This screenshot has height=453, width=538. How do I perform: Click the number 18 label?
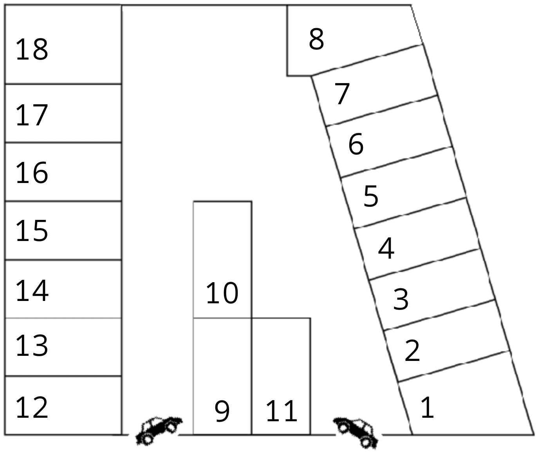(x=32, y=50)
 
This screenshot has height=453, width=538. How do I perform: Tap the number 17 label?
(x=32, y=115)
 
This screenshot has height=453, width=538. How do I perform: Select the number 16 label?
(x=32, y=173)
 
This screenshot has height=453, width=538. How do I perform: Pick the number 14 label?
(x=32, y=290)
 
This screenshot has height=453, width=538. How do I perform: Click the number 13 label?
(x=32, y=346)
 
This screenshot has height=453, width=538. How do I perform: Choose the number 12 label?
(x=32, y=408)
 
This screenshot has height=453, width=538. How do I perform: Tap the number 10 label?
(x=222, y=293)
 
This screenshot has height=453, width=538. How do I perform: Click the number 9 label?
(x=222, y=411)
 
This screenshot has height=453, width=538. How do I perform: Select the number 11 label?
(x=281, y=411)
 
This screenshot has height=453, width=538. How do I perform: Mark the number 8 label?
(x=316, y=39)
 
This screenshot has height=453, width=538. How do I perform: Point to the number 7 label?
(x=342, y=94)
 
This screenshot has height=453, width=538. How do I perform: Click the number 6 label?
(x=356, y=144)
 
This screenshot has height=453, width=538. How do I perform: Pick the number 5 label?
(x=371, y=196)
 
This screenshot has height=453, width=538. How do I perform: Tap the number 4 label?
(x=386, y=248)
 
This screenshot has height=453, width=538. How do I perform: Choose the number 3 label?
(x=401, y=299)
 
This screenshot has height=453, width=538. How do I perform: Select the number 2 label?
(x=412, y=351)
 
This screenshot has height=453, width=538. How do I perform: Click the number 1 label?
(x=427, y=408)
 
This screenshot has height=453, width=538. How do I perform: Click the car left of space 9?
(x=159, y=429)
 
